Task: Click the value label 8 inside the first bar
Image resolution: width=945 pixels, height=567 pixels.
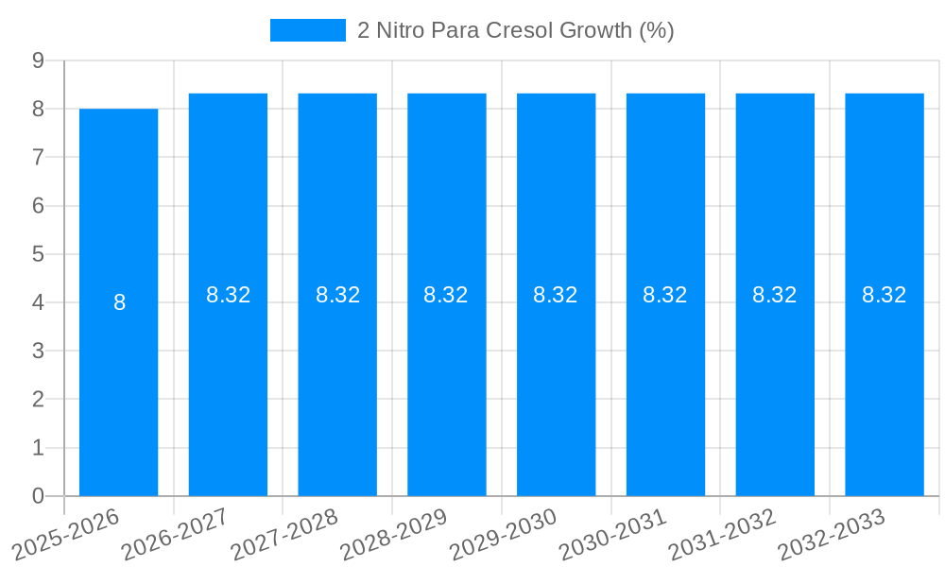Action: tap(119, 302)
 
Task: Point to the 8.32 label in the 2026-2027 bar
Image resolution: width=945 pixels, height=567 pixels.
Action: tap(228, 295)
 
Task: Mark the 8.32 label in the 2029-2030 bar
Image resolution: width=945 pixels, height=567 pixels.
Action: tap(556, 295)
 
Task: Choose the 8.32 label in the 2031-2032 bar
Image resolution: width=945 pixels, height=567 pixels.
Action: tap(775, 295)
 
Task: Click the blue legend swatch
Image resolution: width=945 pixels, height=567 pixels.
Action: tap(308, 30)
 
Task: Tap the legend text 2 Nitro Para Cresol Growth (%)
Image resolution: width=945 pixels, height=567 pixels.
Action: tap(515, 30)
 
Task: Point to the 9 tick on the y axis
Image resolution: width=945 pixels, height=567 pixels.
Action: tap(39, 60)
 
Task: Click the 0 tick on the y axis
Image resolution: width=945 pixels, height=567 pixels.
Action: tap(39, 496)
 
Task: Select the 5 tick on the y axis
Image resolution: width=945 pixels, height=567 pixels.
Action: tap(39, 254)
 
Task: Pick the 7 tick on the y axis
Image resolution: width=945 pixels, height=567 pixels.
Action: tap(39, 157)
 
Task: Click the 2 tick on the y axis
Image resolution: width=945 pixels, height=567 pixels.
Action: tap(39, 400)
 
